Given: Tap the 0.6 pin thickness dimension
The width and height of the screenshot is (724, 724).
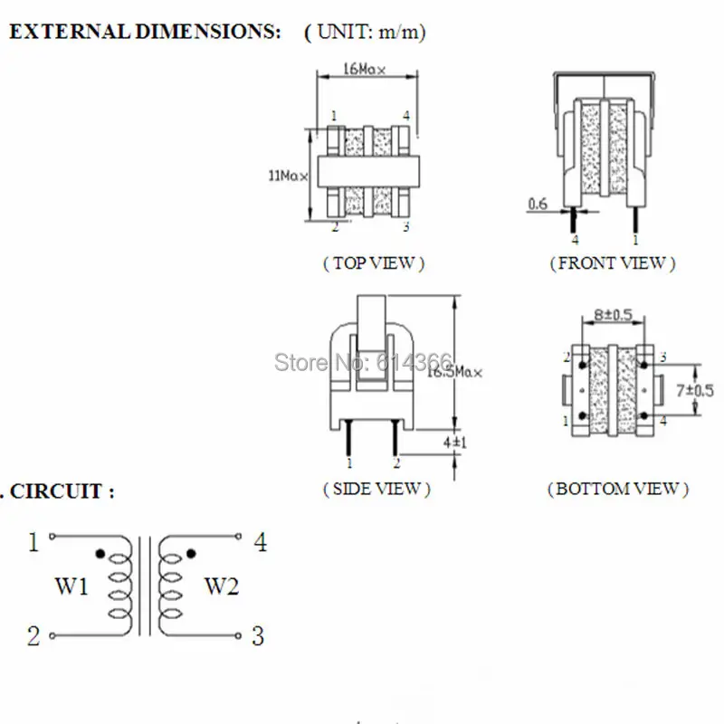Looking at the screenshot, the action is coord(537,205).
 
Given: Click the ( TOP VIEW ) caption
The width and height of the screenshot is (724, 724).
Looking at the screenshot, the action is coord(373,263).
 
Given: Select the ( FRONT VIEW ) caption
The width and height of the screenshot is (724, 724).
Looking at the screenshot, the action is coord(612,263).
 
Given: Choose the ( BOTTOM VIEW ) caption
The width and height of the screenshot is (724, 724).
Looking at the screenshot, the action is coord(617,489).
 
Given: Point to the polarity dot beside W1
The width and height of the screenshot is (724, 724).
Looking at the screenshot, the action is coord(100,553).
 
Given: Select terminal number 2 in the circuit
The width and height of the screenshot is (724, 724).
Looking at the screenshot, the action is coord(33,636).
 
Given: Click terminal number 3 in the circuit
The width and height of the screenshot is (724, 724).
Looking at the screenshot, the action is coord(258,636).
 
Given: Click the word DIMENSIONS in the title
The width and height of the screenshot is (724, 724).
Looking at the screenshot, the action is coord(198,33).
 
